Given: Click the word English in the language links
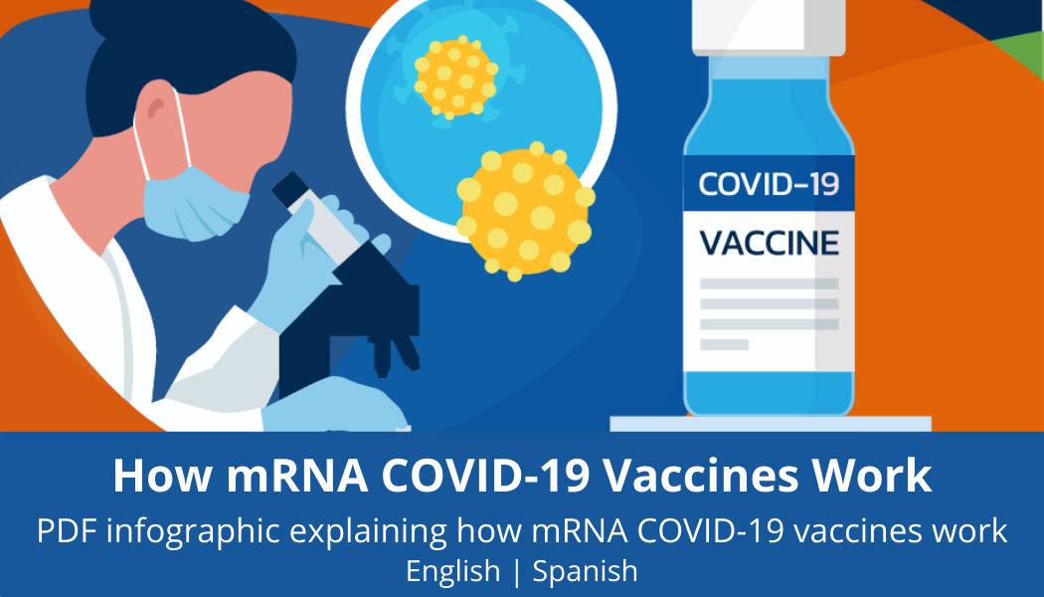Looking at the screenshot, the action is point(452,571).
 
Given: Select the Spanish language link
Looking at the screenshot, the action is point(586,571).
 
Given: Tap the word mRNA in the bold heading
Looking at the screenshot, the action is point(297,475).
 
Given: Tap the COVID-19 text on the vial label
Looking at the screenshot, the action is point(769,184).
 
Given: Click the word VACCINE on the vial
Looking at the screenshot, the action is point(769,243).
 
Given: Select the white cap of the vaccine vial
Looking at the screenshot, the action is point(769,27).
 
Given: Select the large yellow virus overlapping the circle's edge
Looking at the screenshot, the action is point(525,211).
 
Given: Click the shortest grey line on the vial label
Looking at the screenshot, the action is point(725,344).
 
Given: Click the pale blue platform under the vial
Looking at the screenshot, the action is point(771,424).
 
